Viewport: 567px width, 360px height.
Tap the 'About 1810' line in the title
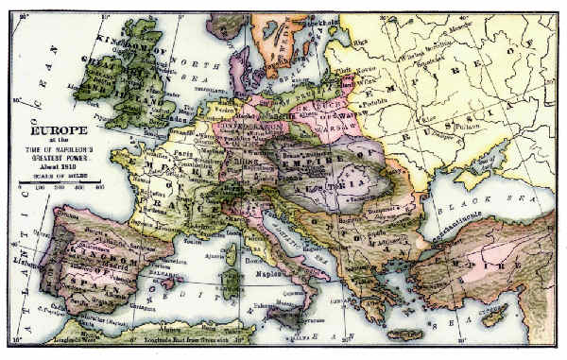point(58,167)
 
